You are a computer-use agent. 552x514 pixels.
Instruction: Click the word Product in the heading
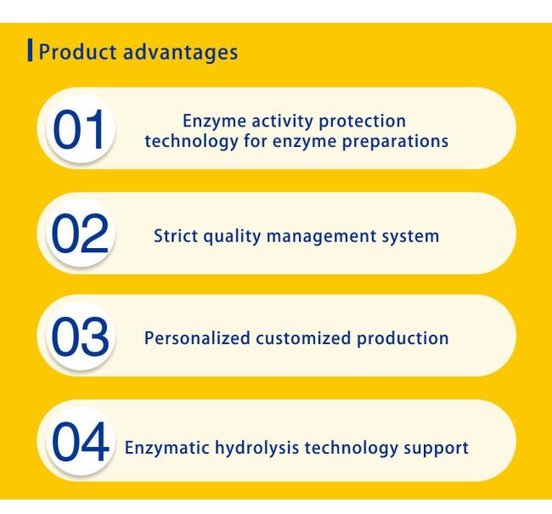[x=77, y=52]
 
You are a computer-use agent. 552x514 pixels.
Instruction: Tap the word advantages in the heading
[x=181, y=53]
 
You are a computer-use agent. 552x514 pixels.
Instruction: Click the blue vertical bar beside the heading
[x=31, y=50]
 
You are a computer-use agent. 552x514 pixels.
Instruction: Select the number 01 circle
[x=81, y=128]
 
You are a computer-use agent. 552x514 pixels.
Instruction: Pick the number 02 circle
[x=81, y=233]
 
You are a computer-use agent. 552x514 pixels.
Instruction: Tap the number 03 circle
[x=81, y=336]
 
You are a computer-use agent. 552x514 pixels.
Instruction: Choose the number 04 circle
[x=81, y=441]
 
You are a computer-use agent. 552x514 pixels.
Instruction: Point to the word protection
[x=363, y=121]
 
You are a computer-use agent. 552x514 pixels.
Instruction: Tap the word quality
[x=232, y=237]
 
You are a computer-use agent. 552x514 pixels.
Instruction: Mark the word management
[x=322, y=237]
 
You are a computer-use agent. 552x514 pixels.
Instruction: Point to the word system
[x=410, y=237]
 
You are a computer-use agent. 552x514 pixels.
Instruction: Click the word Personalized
[x=197, y=338]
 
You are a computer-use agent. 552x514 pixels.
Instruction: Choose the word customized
[x=303, y=338]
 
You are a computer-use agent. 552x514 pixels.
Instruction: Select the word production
[x=403, y=339]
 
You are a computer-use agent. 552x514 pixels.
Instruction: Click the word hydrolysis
[x=257, y=449]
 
